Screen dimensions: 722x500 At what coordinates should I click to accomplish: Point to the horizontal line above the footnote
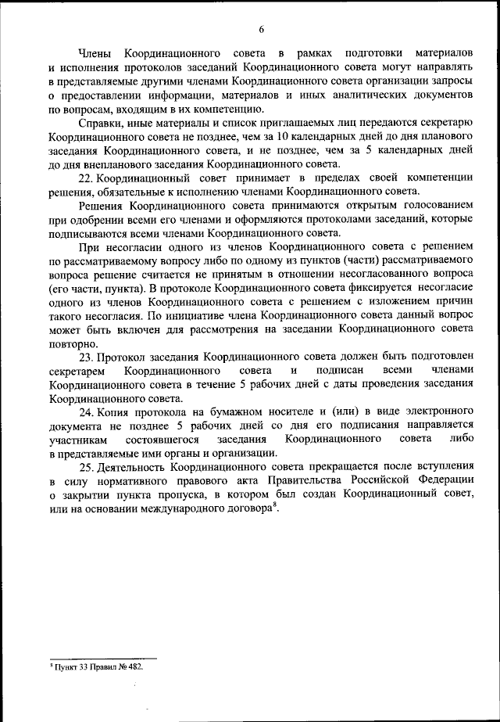tap(102, 659)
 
